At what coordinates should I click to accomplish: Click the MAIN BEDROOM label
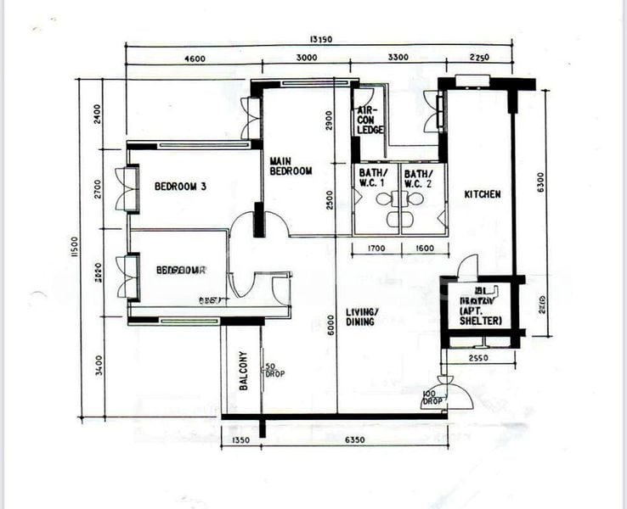291,165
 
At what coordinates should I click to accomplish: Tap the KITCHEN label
482,194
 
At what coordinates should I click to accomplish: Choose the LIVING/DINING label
361,317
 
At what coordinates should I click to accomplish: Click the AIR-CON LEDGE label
370,120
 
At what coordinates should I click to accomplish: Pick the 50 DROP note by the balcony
274,369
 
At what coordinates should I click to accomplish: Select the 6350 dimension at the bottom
355,440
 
